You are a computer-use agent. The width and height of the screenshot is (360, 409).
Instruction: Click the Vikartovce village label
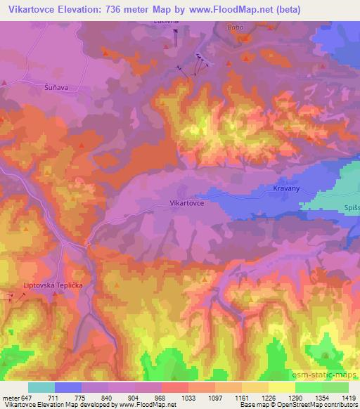click(x=187, y=202)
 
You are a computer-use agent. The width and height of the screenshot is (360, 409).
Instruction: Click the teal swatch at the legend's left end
click(x=41, y=387)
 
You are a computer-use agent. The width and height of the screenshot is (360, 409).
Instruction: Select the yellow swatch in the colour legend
click(x=282, y=387)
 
